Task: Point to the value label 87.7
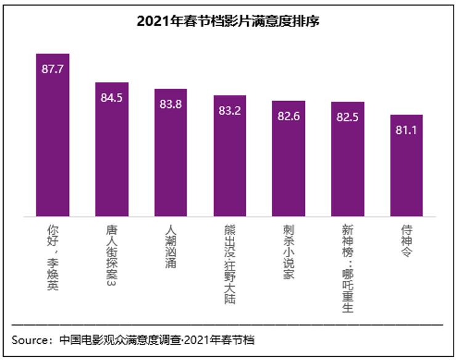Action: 52,69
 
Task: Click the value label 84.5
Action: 112,98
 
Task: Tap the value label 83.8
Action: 171,104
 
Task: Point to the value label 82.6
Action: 288,116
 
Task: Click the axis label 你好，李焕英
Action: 52,256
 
